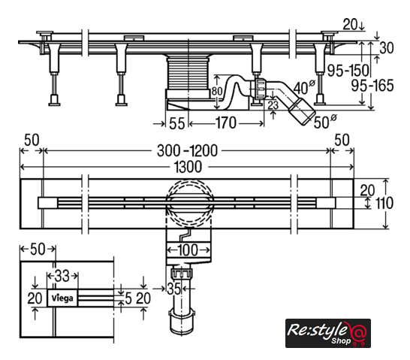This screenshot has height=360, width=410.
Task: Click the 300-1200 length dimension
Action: (187, 151)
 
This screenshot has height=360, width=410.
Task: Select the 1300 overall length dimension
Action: (188, 167)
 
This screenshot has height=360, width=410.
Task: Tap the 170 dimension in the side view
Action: (226, 123)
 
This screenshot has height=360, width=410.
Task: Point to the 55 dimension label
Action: (177, 123)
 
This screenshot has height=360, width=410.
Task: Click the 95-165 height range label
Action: (372, 86)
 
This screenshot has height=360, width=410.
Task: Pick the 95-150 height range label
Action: (348, 71)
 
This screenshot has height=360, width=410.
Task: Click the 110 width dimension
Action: (384, 203)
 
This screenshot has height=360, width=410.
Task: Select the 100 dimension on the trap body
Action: (188, 250)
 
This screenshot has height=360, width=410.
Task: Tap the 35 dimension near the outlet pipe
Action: (174, 289)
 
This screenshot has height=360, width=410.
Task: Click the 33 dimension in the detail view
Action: (62, 276)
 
